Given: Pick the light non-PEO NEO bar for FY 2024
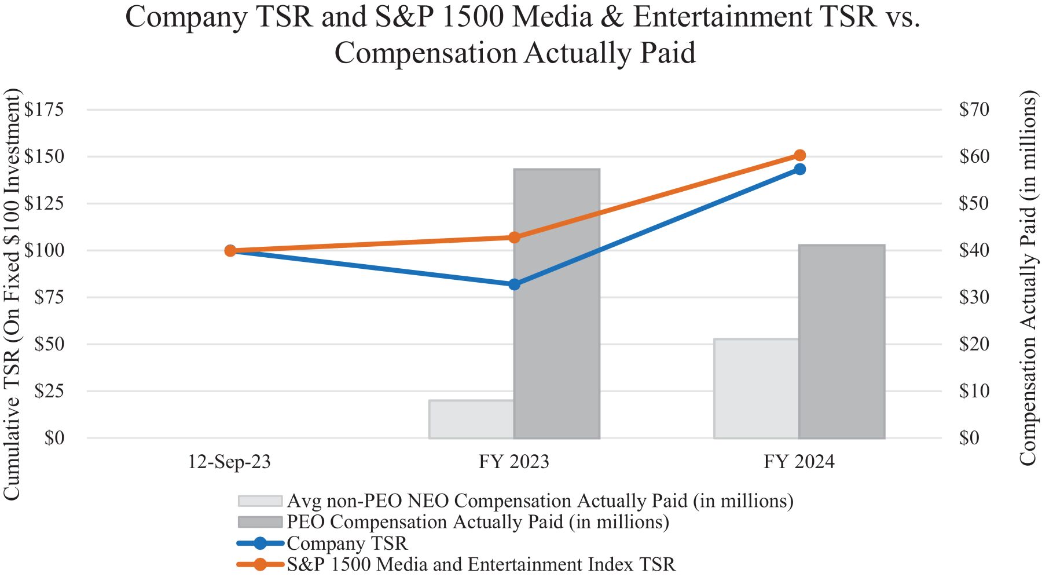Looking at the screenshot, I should pyautogui.click(x=756, y=388).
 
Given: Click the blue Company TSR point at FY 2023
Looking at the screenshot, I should pyautogui.click(x=514, y=284).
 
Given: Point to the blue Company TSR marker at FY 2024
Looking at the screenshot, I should pyautogui.click(x=799, y=169).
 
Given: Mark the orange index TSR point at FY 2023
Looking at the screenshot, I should pyautogui.click(x=514, y=237).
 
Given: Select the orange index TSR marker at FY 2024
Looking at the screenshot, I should pyautogui.click(x=799, y=155).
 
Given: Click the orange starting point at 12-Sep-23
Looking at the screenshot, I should pyautogui.click(x=230, y=251).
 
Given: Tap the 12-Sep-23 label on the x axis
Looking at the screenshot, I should pyautogui.click(x=229, y=462).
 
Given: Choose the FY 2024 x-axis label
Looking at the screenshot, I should pyautogui.click(x=799, y=462).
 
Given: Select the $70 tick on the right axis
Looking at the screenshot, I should pyautogui.click(x=974, y=109).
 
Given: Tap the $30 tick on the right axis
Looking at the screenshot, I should pyautogui.click(x=974, y=297).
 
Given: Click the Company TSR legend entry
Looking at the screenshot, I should pyautogui.click(x=347, y=543).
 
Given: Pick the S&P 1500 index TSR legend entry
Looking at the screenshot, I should pyautogui.click(x=480, y=564).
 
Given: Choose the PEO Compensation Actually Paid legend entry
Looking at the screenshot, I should pyautogui.click(x=478, y=522).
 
